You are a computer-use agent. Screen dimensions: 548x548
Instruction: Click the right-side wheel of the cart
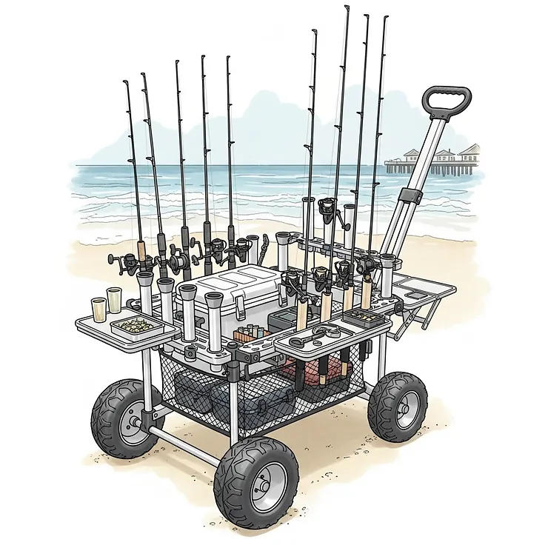coord(397,407)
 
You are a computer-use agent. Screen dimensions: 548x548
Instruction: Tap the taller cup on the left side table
coord(114,300)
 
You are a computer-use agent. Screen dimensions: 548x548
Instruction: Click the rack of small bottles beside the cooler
coord(250,333)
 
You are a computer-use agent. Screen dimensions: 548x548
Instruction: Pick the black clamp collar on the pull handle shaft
coord(409,198)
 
